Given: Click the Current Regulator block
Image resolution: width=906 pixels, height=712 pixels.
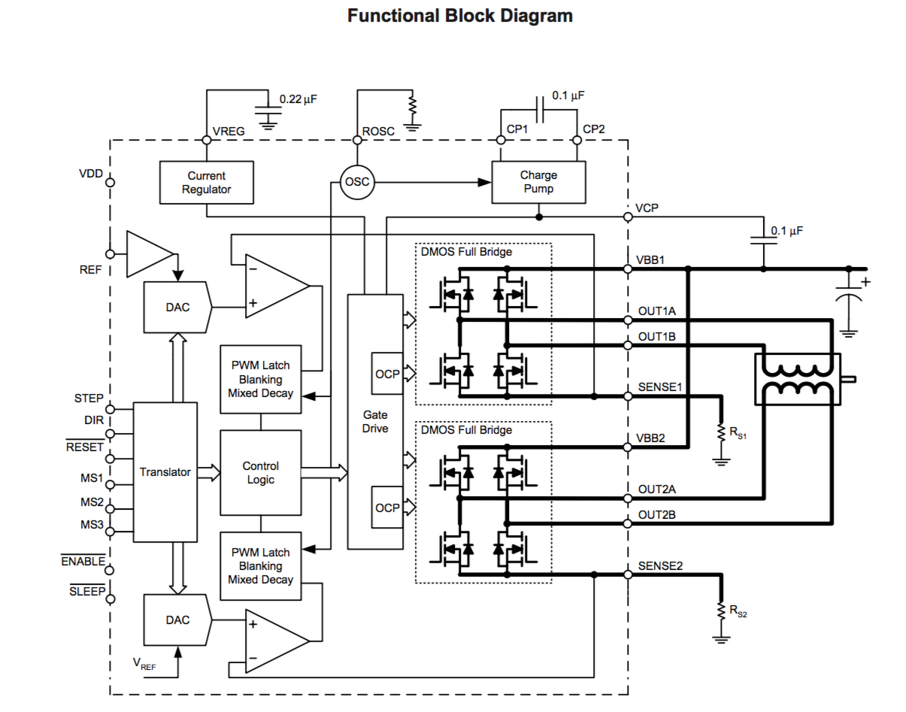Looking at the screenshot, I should pos(207,182).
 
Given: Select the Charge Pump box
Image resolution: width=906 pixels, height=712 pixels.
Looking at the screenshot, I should pos(538,182).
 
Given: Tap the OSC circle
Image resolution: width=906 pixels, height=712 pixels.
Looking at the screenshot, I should pos(356,182).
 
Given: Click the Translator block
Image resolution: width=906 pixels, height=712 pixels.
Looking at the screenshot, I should pos(165,472).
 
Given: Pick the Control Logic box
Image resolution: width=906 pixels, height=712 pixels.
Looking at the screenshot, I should pos(261,472).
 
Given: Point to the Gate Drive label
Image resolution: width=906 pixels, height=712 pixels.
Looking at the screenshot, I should pos(375,421).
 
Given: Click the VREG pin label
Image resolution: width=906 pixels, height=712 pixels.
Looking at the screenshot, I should pos(229,131).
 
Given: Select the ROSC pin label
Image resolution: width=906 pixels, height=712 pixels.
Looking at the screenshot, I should pos(378,131).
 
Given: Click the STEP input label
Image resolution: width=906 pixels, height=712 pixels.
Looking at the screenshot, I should pos(89,398).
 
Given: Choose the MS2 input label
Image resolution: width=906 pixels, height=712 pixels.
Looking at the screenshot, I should pos(92,501).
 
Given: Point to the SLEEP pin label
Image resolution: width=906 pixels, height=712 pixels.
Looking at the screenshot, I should pos(87,591).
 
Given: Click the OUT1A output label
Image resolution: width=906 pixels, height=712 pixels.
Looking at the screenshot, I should pos(657,311).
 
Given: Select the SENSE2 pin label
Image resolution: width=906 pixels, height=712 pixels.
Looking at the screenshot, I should pos(660,565).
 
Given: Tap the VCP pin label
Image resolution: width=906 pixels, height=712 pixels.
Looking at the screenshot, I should pos(647,208).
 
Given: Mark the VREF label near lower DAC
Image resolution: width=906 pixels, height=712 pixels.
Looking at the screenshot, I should pos(145,663).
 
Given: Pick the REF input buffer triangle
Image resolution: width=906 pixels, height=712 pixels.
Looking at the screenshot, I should pos(148,253).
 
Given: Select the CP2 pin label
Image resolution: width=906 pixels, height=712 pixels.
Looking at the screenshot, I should pos(594,129).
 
